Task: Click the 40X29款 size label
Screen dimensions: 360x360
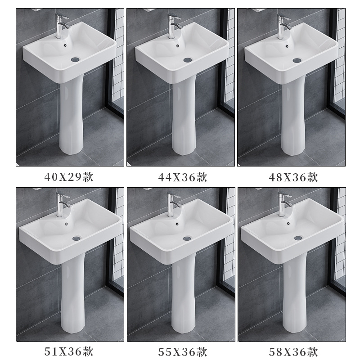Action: click(69, 177)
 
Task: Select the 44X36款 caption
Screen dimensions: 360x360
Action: click(183, 177)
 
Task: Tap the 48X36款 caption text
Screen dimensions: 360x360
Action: click(293, 177)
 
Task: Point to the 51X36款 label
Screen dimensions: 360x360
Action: click(69, 351)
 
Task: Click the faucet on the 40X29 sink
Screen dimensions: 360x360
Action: click(61, 26)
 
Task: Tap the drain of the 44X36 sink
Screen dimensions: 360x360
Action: click(188, 60)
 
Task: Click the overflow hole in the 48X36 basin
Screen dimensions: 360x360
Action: click(287, 46)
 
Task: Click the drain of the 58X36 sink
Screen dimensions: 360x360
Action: click(298, 238)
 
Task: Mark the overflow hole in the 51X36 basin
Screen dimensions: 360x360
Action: click(67, 223)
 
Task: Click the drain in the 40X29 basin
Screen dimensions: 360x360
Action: click(75, 59)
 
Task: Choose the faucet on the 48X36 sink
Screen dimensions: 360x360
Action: click(283, 27)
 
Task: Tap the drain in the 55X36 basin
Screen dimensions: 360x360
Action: click(187, 238)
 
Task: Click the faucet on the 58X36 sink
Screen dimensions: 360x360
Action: click(284, 204)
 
